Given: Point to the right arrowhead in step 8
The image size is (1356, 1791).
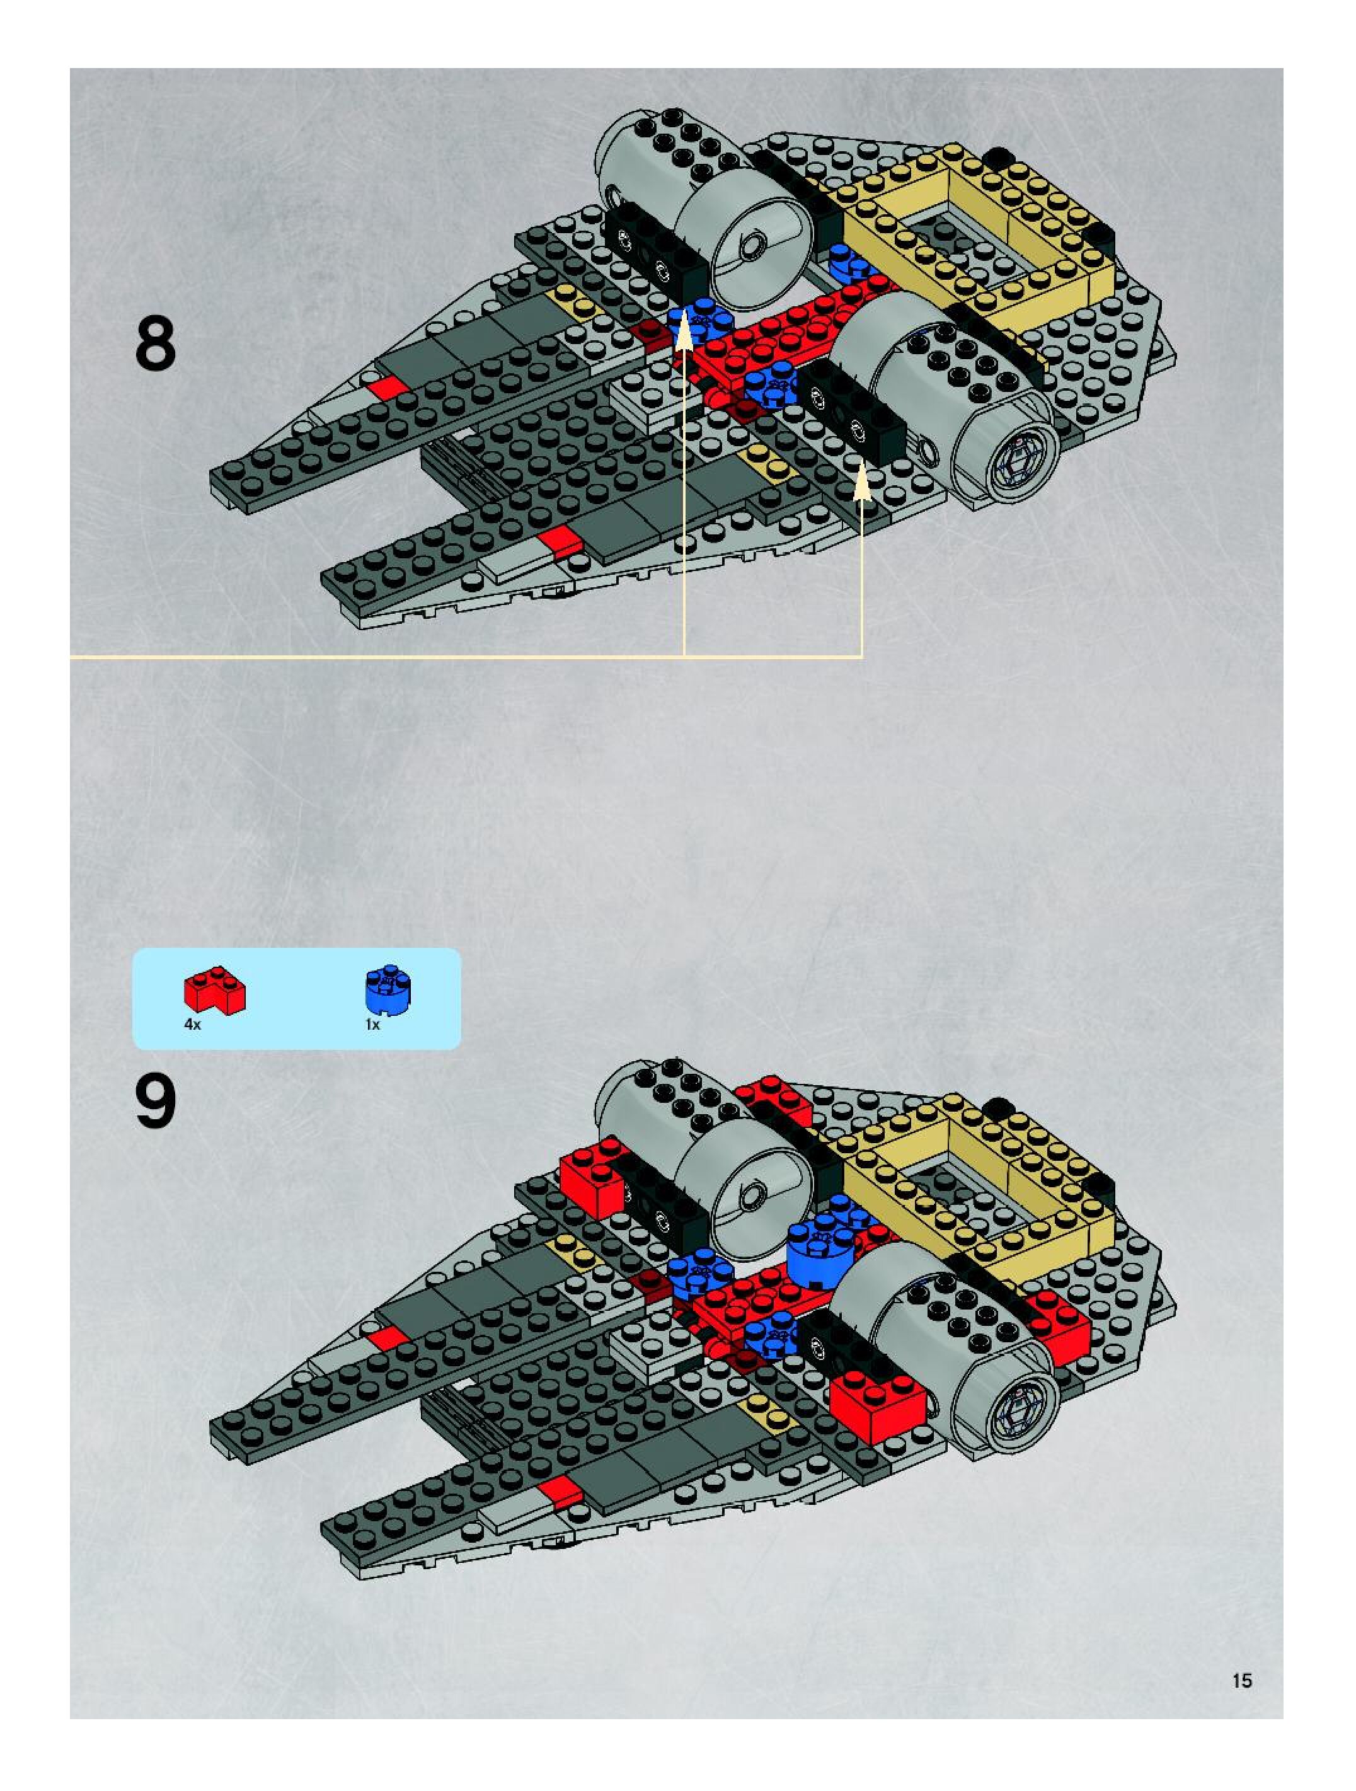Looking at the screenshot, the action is [862, 483].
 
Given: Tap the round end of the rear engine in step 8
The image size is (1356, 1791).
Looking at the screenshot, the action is [749, 243].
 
